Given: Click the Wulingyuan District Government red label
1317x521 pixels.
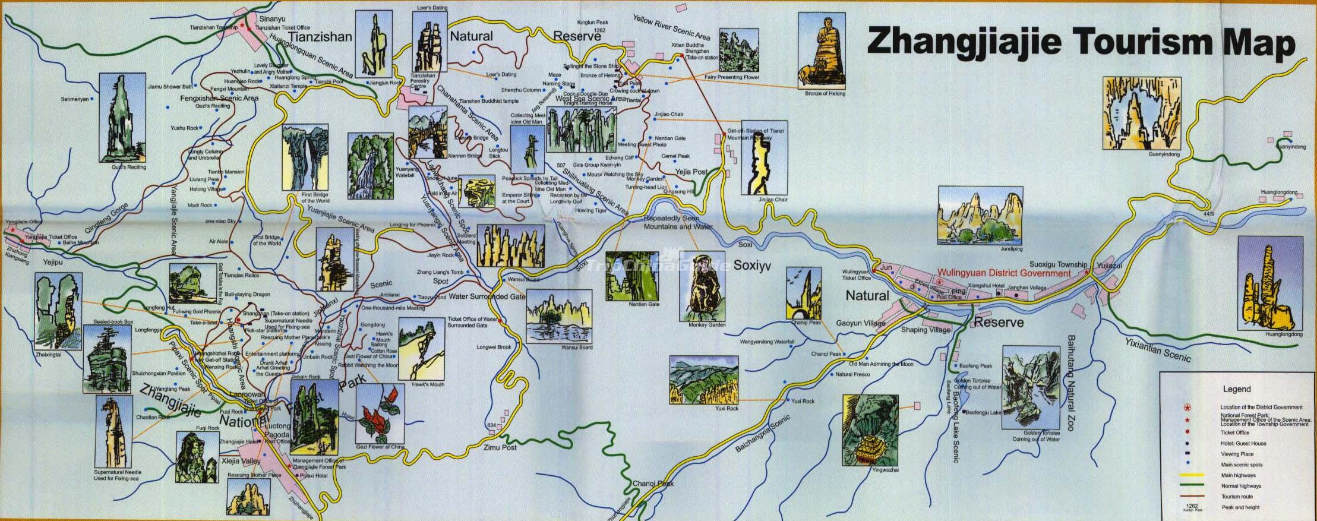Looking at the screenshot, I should (1003, 273).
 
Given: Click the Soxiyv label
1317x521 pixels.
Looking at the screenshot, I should (753, 266).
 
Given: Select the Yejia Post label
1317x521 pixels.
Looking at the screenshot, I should (691, 172).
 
